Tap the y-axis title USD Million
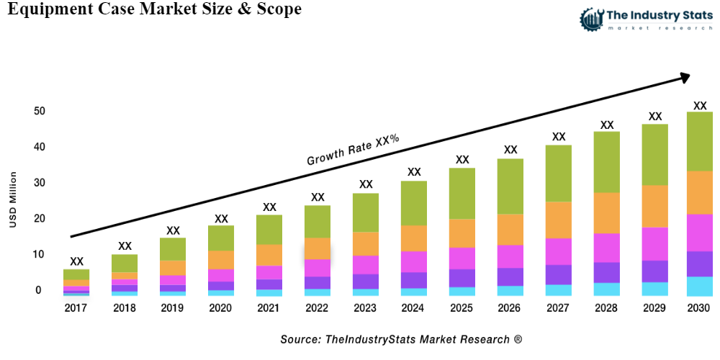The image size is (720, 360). (x=13, y=199)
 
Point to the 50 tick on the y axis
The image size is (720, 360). (x=39, y=112)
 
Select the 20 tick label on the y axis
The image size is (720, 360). (x=39, y=219)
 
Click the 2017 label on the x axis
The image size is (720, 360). (x=76, y=307)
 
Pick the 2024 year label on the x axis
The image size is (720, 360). (x=414, y=307)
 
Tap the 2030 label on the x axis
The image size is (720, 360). (x=699, y=307)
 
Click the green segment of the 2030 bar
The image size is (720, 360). (x=699, y=141)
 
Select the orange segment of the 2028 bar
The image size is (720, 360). (x=607, y=212)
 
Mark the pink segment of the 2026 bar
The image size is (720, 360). (x=510, y=256)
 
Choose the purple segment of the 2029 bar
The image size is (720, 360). (x=654, y=271)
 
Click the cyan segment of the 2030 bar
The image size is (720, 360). (x=699, y=287)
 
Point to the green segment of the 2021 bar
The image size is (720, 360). (x=269, y=230)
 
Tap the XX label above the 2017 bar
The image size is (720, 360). (x=76, y=261)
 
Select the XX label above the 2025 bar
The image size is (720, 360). (x=462, y=160)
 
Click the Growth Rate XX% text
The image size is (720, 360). (x=353, y=150)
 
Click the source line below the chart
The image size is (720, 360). (x=401, y=338)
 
